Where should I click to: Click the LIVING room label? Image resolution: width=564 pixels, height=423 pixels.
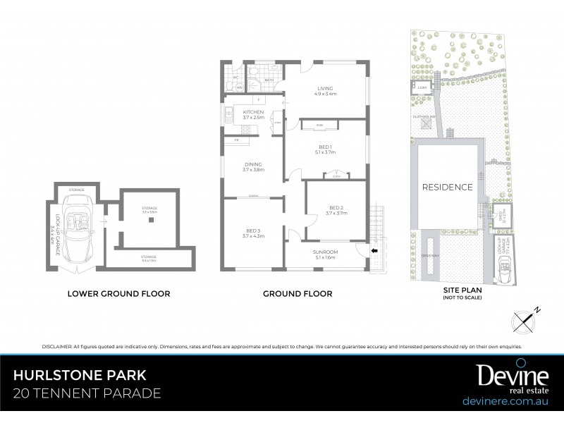click(x=324, y=87)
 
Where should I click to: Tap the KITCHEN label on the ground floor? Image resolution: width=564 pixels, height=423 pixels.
click(x=253, y=113)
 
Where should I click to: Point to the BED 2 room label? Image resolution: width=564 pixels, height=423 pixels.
click(x=335, y=207)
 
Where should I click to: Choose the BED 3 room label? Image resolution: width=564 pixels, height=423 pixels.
click(x=252, y=231)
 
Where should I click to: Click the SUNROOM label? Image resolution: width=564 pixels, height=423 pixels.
click(x=325, y=252)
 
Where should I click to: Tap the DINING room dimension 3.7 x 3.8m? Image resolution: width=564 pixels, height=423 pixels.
click(x=253, y=169)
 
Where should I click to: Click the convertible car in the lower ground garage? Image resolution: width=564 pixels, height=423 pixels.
click(x=77, y=222)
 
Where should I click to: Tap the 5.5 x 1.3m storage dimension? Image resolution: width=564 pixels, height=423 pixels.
click(x=149, y=261)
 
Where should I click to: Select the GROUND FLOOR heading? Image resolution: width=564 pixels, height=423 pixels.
click(x=297, y=293)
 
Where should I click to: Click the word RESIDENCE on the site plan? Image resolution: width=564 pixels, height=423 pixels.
click(x=447, y=188)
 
